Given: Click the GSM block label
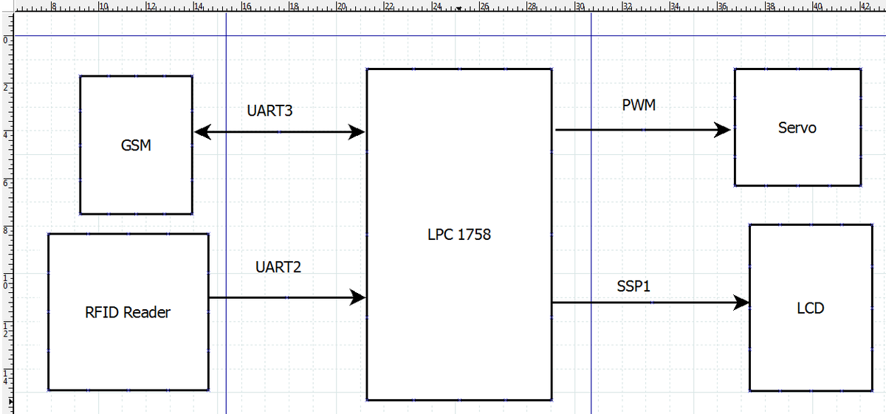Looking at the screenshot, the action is [x=136, y=145].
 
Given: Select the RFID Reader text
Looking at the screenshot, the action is [x=127, y=312].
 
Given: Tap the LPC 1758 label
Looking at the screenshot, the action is [x=459, y=235].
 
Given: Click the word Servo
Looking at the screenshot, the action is [x=797, y=128].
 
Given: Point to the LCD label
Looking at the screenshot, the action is [x=811, y=308].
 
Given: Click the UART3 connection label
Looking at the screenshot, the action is [x=269, y=111].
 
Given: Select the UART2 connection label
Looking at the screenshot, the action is [x=278, y=267].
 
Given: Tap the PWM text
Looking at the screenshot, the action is [x=639, y=105].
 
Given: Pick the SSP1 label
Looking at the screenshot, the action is [x=633, y=286].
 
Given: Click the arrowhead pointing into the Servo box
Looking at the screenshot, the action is [x=723, y=130].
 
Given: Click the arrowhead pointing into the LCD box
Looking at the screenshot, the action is [x=741, y=303].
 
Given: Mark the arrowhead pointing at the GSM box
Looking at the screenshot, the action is [x=202, y=132].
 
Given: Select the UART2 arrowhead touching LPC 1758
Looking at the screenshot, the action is [x=358, y=297].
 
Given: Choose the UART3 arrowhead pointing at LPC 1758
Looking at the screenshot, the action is [x=357, y=132].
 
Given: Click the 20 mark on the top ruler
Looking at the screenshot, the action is [x=342, y=6].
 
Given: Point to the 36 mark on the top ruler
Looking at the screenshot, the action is [x=723, y=6].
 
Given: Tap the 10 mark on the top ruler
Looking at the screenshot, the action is [x=103, y=6].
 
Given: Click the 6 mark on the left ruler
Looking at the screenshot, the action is [x=6, y=183].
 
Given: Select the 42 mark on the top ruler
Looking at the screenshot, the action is [x=865, y=6].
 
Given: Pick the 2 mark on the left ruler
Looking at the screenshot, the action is [x=6, y=87].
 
